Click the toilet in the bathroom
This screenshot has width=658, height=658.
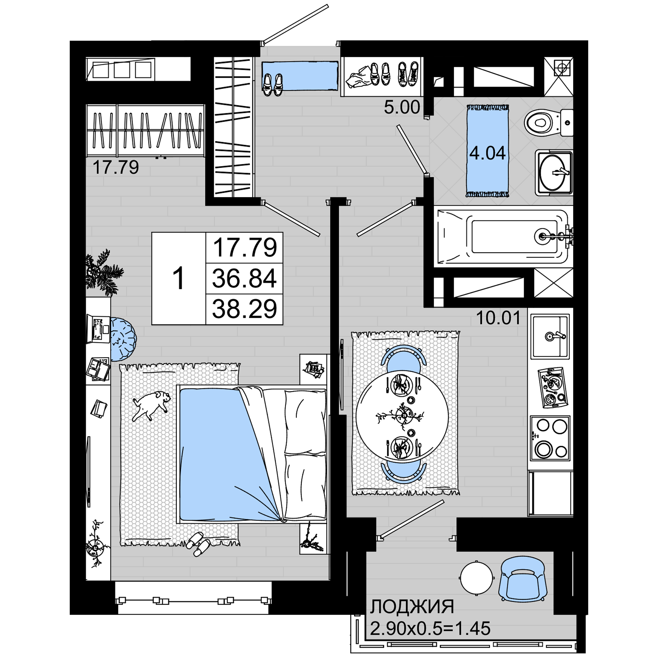(548, 123)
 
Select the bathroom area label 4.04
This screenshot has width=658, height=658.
(487, 153)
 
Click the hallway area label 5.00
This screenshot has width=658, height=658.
(402, 107)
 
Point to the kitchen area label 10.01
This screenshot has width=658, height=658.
(498, 318)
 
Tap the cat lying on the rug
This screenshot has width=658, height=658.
(152, 405)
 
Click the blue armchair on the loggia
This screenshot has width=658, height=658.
(523, 579)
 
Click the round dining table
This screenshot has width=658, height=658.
(402, 416)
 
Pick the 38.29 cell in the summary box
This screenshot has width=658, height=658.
(244, 309)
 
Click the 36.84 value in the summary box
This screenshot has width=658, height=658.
(244, 278)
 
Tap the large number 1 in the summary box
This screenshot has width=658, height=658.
(179, 279)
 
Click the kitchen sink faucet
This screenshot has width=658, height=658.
(555, 336)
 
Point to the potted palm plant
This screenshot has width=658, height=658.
(102, 272)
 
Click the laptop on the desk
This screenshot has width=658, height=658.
(98, 329)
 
